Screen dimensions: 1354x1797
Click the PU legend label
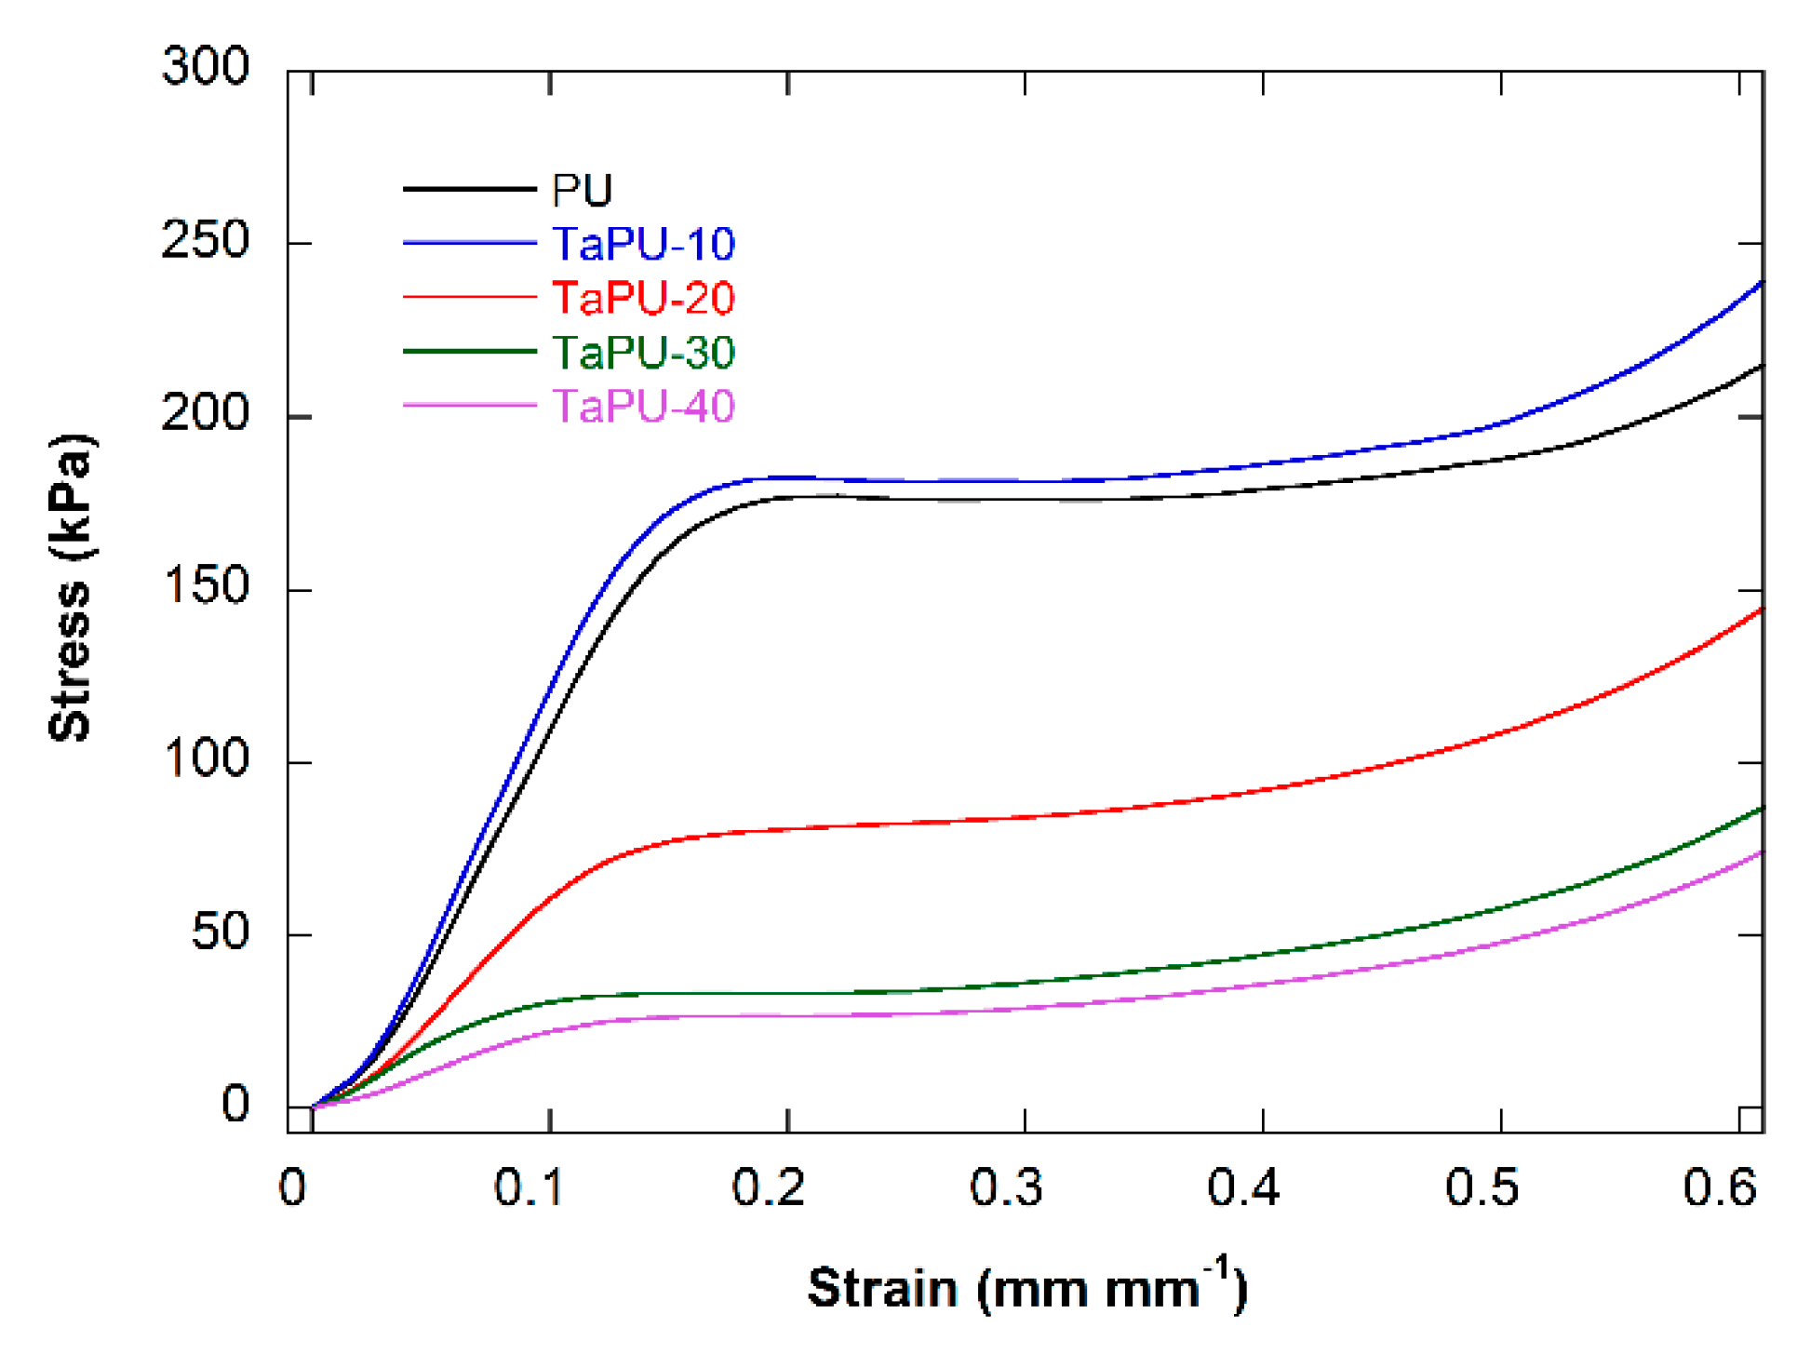tap(582, 191)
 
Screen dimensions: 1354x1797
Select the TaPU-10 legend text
tap(643, 245)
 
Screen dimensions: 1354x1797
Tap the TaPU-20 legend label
tap(643, 299)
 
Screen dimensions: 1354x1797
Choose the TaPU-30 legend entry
tap(643, 353)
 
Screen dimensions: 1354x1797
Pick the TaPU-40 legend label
tap(643, 407)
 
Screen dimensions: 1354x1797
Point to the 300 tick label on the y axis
tap(205, 67)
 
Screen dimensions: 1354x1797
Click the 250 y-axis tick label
tap(205, 241)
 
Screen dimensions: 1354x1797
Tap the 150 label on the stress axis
tap(205, 587)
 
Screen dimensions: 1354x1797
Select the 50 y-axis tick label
tap(220, 932)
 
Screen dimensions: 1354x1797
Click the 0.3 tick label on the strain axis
tap(1005, 1188)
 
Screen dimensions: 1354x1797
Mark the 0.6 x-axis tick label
tap(1719, 1188)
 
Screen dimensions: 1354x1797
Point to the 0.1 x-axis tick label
tap(529, 1188)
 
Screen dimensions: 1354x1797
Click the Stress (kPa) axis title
tap(71, 588)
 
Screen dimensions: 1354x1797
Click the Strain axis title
tap(1026, 1289)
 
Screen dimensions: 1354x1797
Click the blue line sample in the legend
tap(469, 244)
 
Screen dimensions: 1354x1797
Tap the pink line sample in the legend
tap(469, 406)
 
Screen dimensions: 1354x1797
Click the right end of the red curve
tap(1761, 610)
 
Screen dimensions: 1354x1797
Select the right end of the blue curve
tap(1761, 283)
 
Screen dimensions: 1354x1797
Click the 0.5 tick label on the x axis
tap(1481, 1188)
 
